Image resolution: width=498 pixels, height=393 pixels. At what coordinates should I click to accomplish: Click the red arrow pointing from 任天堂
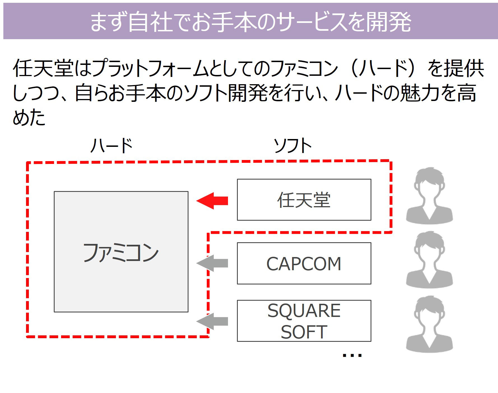212,201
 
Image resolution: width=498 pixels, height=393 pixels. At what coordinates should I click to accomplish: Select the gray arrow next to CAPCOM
212,263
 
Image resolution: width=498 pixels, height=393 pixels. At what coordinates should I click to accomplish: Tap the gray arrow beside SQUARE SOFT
212,321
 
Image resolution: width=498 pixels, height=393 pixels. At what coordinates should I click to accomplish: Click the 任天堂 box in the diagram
304,200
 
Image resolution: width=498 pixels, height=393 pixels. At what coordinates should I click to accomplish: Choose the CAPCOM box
304,263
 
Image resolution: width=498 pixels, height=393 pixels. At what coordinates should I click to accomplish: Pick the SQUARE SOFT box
304,321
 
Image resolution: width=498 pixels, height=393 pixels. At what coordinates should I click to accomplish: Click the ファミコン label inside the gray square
121,253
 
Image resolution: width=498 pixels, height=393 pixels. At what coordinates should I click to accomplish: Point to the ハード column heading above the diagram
111,146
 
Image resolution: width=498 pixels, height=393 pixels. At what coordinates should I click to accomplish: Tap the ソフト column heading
292,146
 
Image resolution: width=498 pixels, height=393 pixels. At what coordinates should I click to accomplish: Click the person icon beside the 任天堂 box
429,196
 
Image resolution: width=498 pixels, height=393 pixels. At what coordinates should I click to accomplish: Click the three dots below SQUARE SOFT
352,356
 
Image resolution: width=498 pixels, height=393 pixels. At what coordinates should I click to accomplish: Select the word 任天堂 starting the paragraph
43,68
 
